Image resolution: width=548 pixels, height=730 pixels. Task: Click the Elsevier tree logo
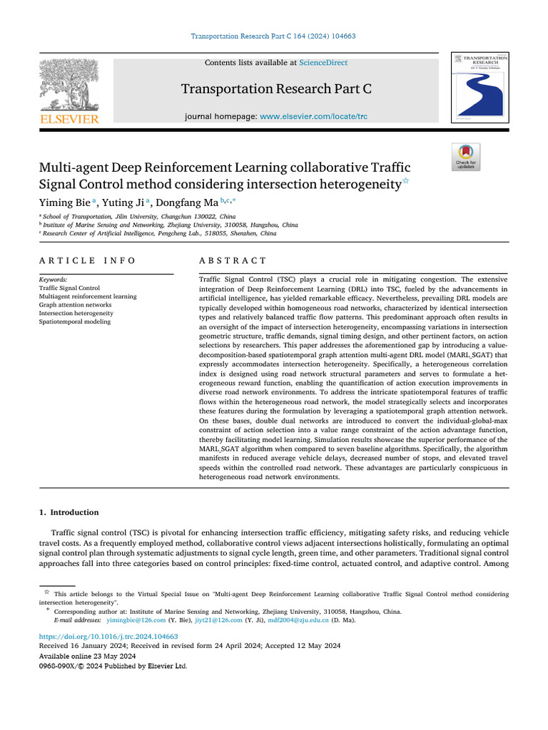click(68, 84)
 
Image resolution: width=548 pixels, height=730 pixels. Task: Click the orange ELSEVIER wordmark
click(68, 119)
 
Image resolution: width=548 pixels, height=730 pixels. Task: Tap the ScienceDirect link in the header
click(323, 63)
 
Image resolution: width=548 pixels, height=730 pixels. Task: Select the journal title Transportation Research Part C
click(276, 89)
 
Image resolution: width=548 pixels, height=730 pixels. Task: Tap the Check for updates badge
click(466, 158)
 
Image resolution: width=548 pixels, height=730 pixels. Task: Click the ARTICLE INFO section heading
click(87, 261)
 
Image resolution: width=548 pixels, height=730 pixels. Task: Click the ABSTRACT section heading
click(233, 261)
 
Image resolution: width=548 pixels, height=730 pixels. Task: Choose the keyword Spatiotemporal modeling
click(75, 322)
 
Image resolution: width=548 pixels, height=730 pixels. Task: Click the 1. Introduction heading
click(68, 512)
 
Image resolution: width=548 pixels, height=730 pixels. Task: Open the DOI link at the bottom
click(108, 637)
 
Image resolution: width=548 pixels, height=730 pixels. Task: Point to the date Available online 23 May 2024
click(86, 656)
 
